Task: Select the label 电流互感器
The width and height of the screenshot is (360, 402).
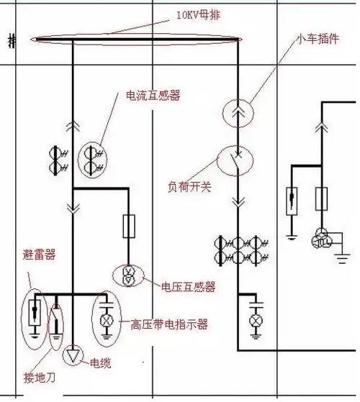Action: tap(153, 96)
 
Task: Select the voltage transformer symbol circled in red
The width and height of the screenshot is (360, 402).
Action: tap(128, 276)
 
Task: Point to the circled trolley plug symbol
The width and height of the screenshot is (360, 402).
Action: tap(238, 113)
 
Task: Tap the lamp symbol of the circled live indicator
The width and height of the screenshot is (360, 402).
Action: tap(106, 319)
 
